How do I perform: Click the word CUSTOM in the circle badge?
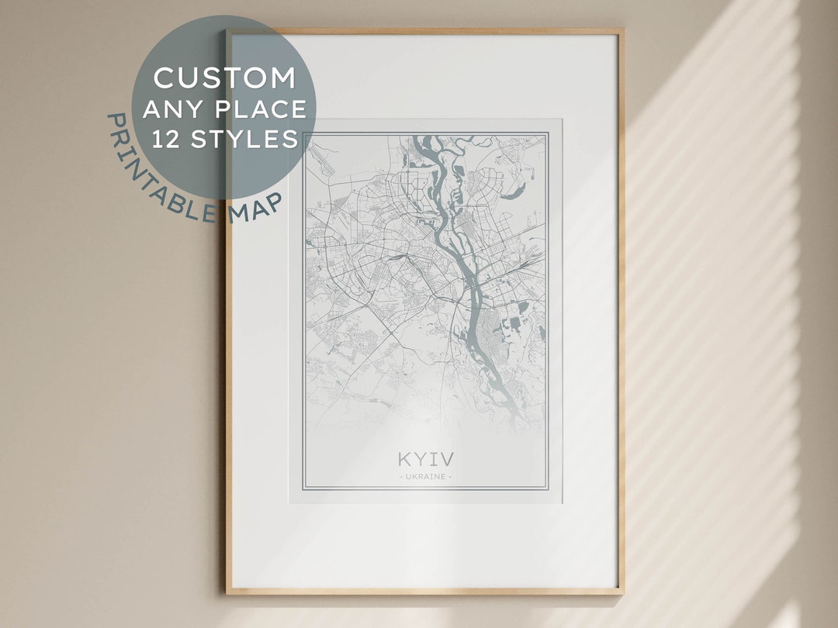tap(225, 78)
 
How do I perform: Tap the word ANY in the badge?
tap(168, 109)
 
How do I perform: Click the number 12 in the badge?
tap(164, 139)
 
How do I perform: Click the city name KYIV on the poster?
tap(424, 458)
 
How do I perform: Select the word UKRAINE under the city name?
tap(424, 476)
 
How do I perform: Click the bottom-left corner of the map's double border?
tap(303, 490)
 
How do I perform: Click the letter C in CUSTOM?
tap(163, 78)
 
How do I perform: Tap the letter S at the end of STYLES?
tap(291, 139)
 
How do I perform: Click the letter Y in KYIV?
tap(420, 458)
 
